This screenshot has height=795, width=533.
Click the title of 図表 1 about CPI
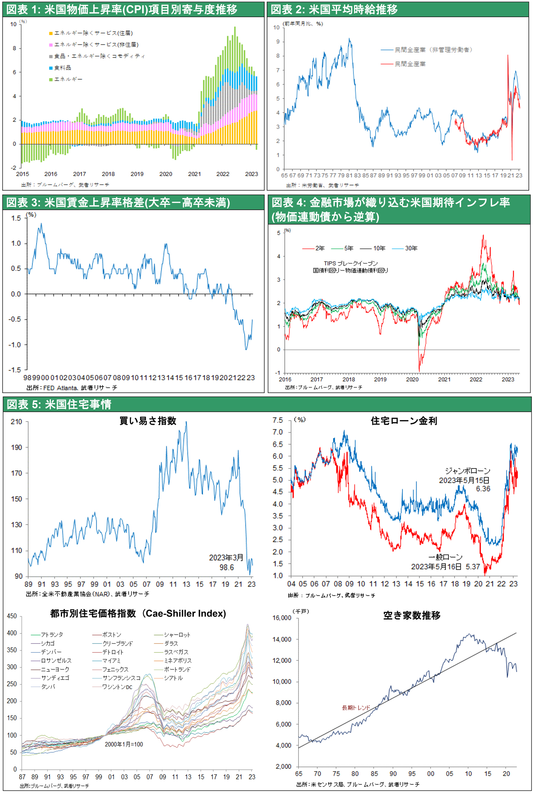tap(122, 10)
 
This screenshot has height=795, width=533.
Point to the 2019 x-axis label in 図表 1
tap(137, 174)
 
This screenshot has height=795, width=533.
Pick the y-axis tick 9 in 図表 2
tap(278, 42)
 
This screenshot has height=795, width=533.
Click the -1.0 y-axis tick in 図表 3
tap(16, 345)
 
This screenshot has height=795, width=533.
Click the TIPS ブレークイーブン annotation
tap(351, 264)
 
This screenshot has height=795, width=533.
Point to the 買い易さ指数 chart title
tap(148, 421)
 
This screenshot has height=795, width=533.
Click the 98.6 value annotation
tap(227, 568)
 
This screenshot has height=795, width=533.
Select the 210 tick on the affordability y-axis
tap(16, 422)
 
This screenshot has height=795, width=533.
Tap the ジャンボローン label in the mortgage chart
tap(468, 471)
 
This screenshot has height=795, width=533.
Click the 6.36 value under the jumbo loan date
tap(483, 489)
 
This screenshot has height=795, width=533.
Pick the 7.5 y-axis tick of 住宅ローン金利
tap(278, 420)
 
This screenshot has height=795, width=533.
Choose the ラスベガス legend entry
tap(176, 652)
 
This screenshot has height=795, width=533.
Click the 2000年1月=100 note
tap(124, 744)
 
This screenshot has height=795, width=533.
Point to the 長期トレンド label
tap(356, 708)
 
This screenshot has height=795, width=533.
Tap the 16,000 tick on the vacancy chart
tap(282, 618)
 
